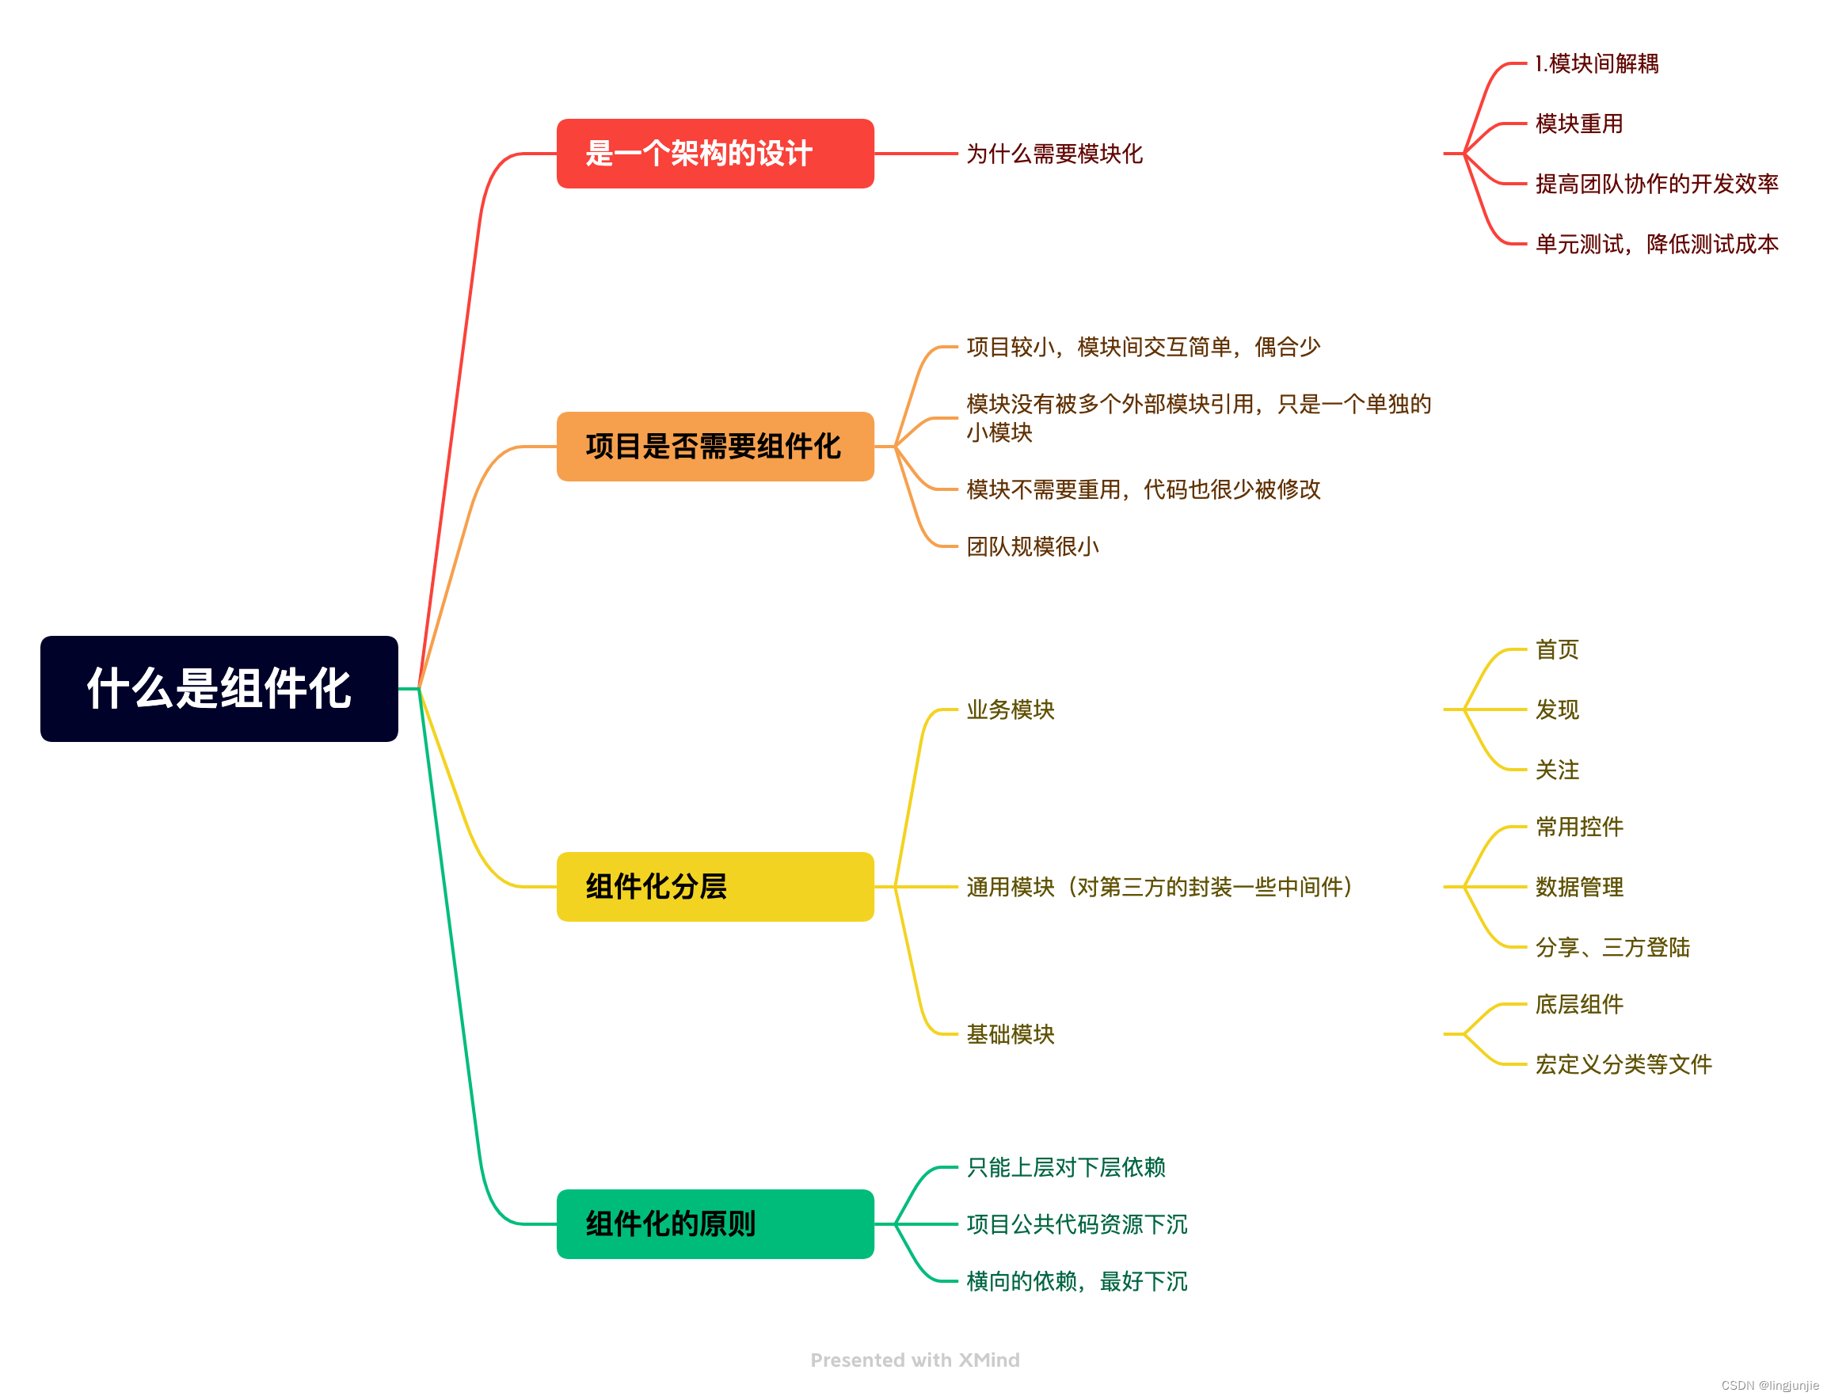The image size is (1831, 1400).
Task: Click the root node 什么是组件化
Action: click(219, 688)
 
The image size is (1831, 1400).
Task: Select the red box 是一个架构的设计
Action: click(714, 154)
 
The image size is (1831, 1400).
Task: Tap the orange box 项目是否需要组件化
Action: click(714, 446)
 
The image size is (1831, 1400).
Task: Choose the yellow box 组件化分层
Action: click(714, 886)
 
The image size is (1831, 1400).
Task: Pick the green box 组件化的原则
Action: click(714, 1223)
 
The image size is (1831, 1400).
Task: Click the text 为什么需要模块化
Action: click(1053, 154)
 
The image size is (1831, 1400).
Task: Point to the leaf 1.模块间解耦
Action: click(1596, 63)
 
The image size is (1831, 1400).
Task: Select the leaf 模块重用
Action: click(1578, 124)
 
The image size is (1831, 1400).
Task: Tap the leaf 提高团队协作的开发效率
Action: click(1656, 184)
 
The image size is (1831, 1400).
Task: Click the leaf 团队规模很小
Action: click(1032, 546)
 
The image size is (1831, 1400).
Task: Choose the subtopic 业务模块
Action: click(1010, 710)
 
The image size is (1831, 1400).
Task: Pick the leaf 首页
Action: click(1556, 649)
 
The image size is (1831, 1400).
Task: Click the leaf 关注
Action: click(1556, 769)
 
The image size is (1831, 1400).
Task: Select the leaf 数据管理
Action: click(1578, 887)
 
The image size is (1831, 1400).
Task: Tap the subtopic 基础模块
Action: click(1010, 1033)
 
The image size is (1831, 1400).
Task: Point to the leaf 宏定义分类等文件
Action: click(1623, 1064)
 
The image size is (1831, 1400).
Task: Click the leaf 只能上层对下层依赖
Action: click(1065, 1166)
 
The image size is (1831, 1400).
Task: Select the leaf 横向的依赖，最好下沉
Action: click(1076, 1281)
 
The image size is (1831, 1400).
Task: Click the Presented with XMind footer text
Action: click(914, 1360)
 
